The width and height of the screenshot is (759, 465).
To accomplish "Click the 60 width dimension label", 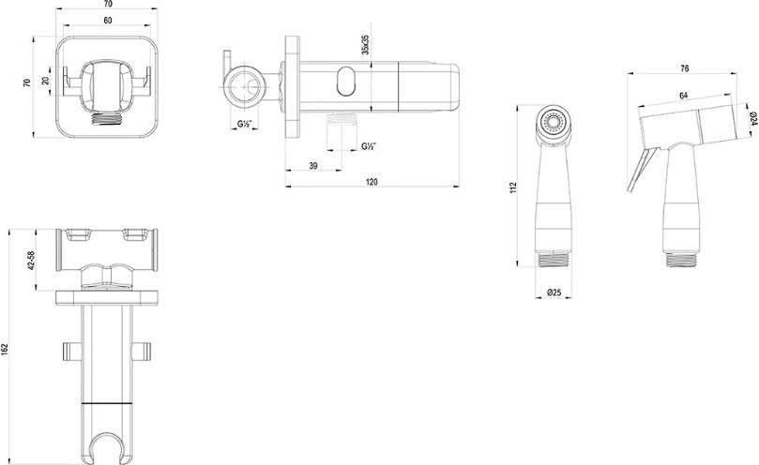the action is (x=108, y=21).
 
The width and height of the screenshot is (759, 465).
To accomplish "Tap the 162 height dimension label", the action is (x=5, y=349).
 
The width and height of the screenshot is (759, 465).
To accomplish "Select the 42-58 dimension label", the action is (x=32, y=261).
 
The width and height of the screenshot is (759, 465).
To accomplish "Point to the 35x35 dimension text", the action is (x=366, y=44).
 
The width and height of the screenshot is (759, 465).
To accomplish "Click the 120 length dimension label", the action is (x=372, y=182).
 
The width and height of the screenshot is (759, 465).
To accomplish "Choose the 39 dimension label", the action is (x=313, y=166).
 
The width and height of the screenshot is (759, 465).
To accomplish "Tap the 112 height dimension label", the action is (x=513, y=187).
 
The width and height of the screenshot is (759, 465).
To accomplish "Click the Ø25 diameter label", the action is (x=554, y=292).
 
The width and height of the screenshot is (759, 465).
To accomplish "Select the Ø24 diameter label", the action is (x=753, y=117).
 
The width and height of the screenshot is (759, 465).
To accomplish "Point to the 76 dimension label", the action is (x=685, y=68).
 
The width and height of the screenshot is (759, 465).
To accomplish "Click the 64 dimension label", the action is (x=684, y=96).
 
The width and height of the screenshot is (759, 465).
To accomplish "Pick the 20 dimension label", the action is (x=46, y=81).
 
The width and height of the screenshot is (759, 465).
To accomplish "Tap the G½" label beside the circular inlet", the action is (x=244, y=124).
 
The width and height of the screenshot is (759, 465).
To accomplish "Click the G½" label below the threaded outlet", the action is (x=369, y=146).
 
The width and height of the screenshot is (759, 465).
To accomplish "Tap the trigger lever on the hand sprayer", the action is (x=642, y=170).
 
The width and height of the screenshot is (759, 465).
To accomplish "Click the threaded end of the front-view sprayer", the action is (x=554, y=259).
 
